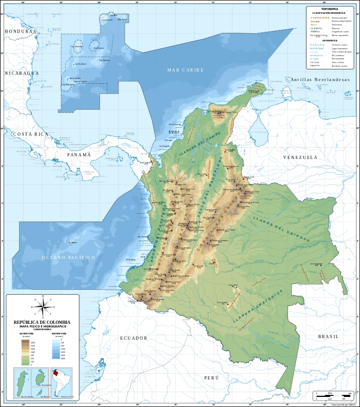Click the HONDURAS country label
[x=21, y=31]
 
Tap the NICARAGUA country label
[x=22, y=73]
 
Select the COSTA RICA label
[x=31, y=134]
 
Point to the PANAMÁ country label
[x=79, y=155]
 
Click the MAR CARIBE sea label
[x=185, y=70]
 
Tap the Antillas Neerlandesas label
[x=320, y=79]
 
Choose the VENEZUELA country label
[x=300, y=157]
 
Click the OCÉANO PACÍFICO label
[x=68, y=258]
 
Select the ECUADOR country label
[x=133, y=338]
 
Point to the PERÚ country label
[x=211, y=378]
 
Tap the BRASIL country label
[x=328, y=337]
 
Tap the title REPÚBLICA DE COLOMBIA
[x=42, y=322]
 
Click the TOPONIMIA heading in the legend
[x=329, y=9]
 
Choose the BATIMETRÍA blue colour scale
[x=56, y=349]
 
